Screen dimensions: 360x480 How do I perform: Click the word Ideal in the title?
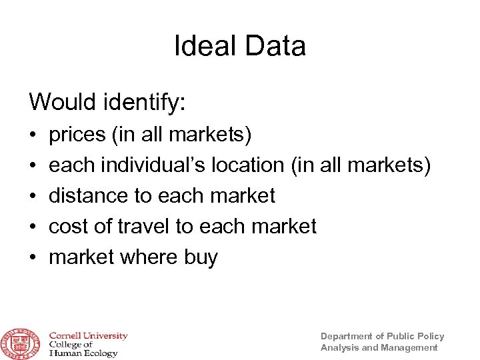[205, 46]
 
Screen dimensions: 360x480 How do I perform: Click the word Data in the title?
[273, 46]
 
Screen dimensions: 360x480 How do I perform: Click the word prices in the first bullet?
[77, 135]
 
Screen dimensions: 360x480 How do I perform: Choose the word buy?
[199, 257]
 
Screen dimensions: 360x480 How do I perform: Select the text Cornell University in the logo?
[87, 336]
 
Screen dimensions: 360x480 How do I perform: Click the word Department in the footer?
[347, 336]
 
